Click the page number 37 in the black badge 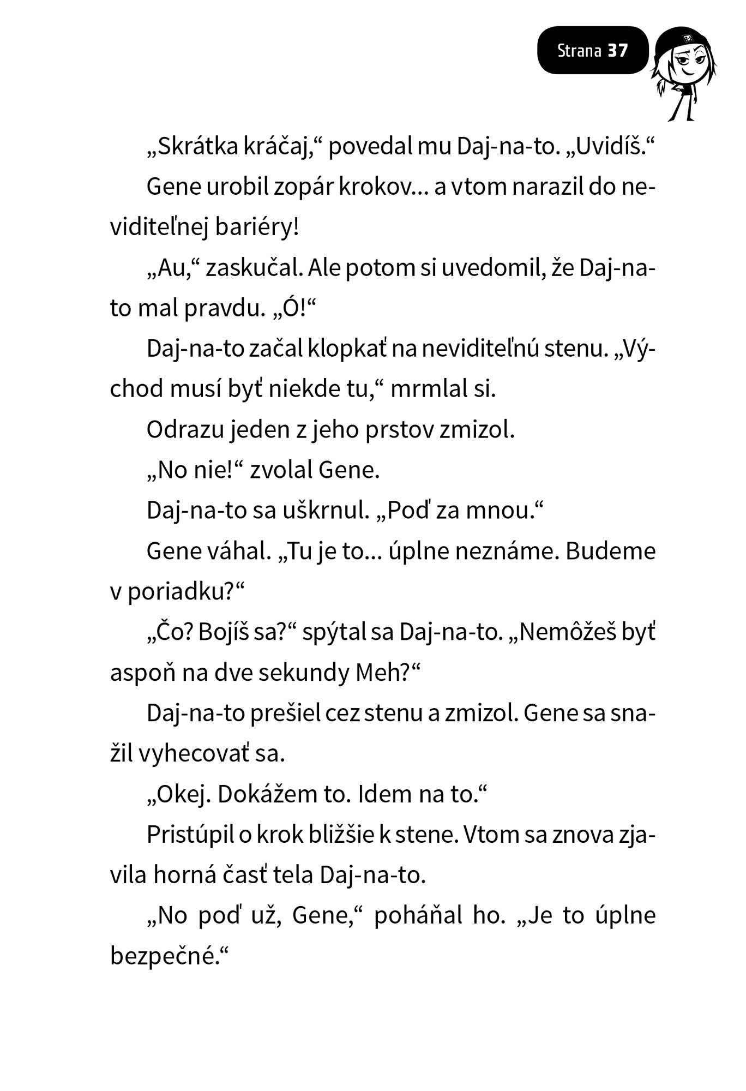(x=618, y=51)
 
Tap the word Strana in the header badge (x=579, y=51)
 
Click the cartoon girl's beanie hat (x=684, y=40)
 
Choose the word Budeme (x=611, y=551)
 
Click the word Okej (x=183, y=795)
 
